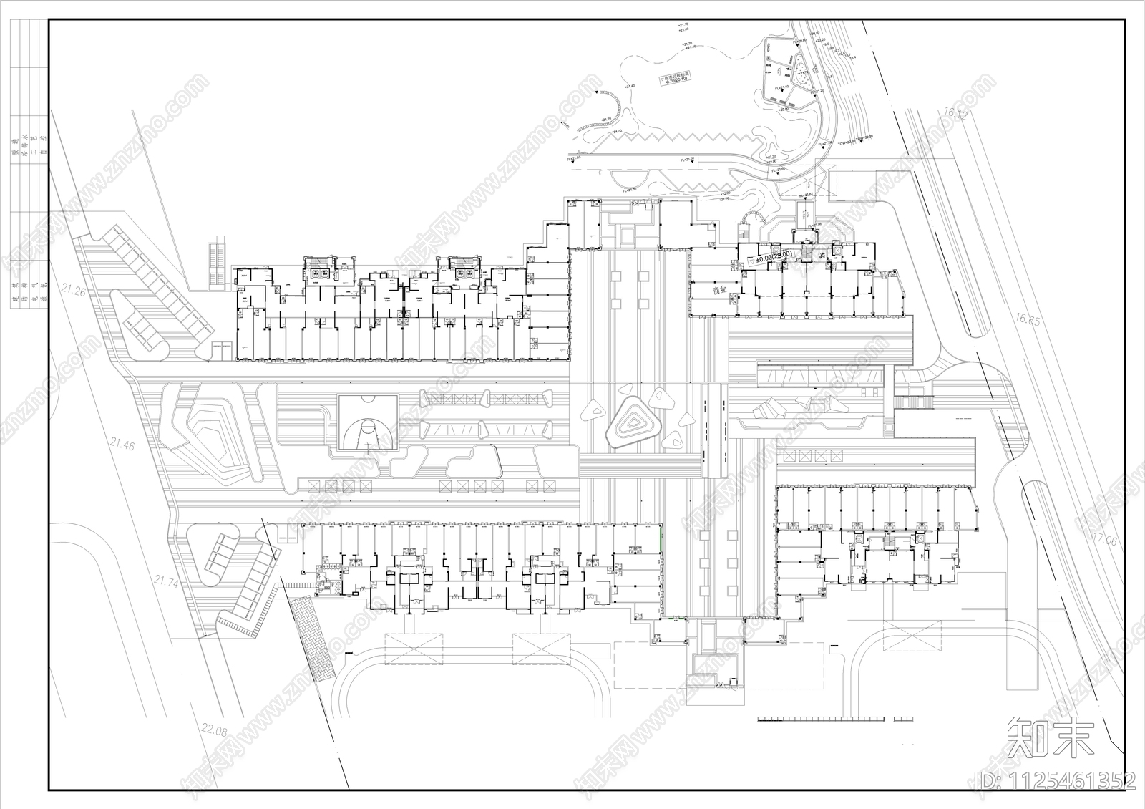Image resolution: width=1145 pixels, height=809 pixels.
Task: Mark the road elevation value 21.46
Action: [x=122, y=445]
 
